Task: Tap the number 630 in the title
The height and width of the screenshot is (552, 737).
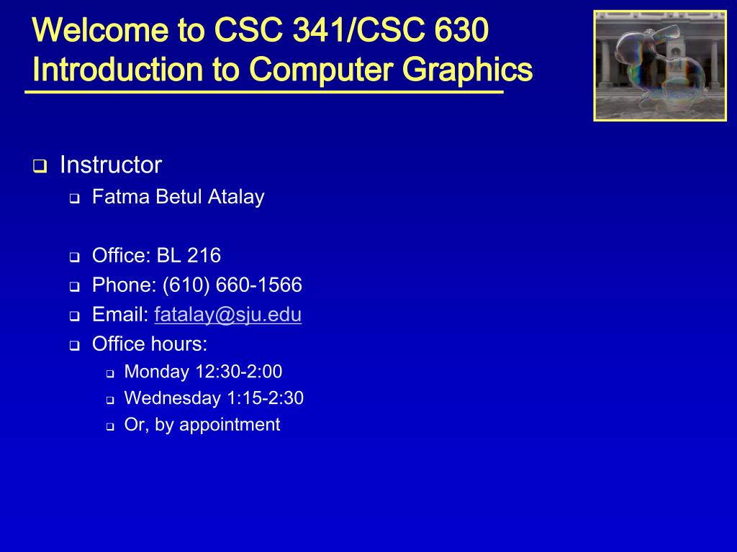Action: (x=462, y=31)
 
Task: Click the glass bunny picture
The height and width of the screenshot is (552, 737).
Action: (x=660, y=65)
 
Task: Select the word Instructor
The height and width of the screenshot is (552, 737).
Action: (x=111, y=165)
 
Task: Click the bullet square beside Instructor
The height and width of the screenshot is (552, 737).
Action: (x=39, y=167)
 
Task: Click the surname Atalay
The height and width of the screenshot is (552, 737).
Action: (x=236, y=197)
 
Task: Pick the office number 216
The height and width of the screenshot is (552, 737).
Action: (x=204, y=255)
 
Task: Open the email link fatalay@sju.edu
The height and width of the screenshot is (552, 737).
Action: (x=227, y=315)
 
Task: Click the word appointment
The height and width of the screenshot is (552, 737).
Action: (x=230, y=425)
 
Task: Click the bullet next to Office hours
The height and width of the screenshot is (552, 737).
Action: (x=74, y=346)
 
